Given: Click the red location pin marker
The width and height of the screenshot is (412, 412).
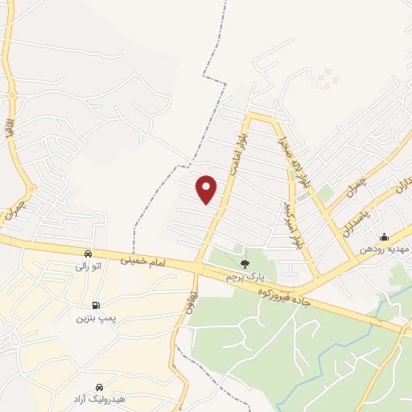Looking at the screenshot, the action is click(207, 189).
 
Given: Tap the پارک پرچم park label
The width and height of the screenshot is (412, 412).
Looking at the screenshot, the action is click(244, 277).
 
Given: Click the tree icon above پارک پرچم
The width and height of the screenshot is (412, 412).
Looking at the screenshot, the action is click(245, 263).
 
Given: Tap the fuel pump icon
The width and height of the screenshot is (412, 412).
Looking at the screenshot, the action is click(97, 305).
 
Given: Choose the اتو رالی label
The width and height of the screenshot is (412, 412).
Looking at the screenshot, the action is click(88, 266).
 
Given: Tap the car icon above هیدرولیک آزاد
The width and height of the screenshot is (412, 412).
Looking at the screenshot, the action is click(99, 387).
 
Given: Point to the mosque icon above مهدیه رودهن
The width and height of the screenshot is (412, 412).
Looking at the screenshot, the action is click(384, 236).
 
